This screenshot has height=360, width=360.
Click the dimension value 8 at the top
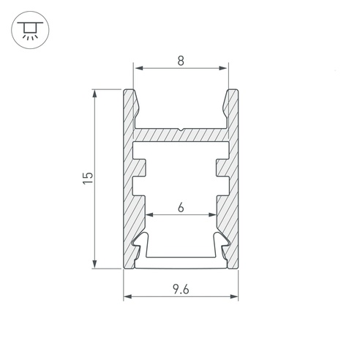181,61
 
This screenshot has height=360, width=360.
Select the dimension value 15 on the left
88,179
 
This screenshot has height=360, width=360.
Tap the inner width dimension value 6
181,208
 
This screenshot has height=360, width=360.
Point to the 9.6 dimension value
181,290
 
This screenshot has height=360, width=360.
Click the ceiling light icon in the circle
30,30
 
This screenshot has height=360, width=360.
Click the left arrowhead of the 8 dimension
139,68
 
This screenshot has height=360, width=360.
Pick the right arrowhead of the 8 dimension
223,68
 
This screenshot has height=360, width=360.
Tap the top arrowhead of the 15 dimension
94,94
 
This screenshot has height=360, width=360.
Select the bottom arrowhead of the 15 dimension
94,264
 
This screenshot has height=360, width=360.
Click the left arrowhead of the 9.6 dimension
128,296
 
